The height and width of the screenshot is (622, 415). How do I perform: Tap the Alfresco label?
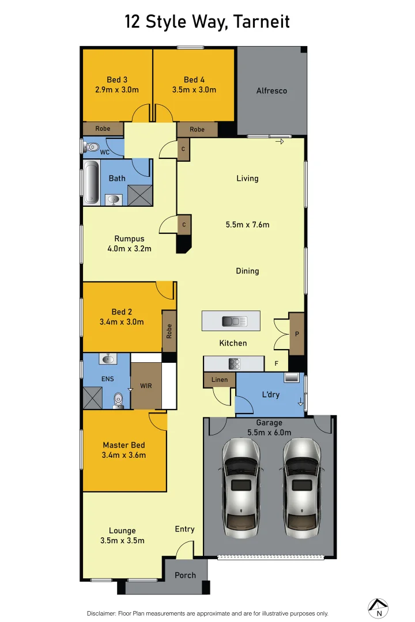coord(271,90)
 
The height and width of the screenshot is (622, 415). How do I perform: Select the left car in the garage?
coord(239,485)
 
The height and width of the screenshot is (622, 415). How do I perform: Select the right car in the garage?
coord(300,485)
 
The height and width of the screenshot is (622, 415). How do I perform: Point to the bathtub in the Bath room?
coord(90,183)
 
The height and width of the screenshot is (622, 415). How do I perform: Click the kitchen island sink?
coord(235,321)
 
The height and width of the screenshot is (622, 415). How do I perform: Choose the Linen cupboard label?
coord(220,380)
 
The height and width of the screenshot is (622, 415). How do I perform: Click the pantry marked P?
coord(297,334)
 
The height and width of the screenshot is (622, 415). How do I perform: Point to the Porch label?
coord(185,575)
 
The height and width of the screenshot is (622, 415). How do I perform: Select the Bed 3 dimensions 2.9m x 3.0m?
coord(117,89)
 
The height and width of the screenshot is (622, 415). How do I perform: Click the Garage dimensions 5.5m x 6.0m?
coord(269,433)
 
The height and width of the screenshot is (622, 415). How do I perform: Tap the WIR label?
coord(146,386)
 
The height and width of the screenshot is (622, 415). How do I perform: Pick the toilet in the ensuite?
coord(119,399)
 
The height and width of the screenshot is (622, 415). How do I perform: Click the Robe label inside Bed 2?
coord(169,331)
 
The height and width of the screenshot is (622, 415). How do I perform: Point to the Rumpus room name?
coord(129,238)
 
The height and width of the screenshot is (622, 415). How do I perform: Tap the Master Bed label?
coord(123,445)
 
